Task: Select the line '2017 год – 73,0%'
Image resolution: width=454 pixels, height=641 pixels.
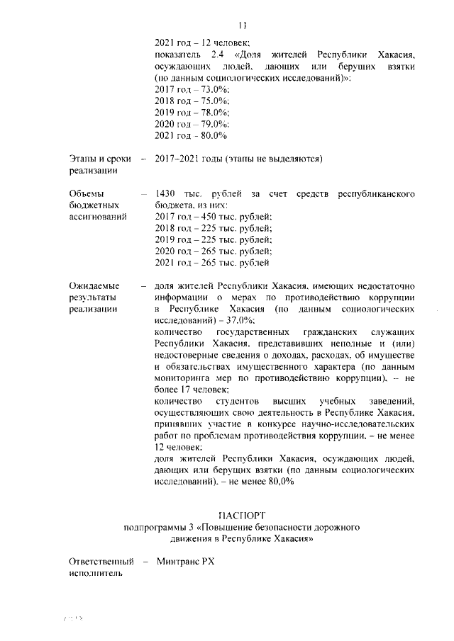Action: tap(191, 89)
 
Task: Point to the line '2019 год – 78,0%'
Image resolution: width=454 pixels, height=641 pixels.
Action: tap(191, 112)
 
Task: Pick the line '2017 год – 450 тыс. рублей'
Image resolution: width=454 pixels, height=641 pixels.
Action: tap(213, 216)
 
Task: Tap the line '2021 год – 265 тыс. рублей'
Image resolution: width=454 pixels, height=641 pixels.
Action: tap(213, 262)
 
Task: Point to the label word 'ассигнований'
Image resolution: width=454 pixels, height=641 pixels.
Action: tap(98, 216)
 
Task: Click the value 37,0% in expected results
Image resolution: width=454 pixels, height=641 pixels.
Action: tap(226, 321)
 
